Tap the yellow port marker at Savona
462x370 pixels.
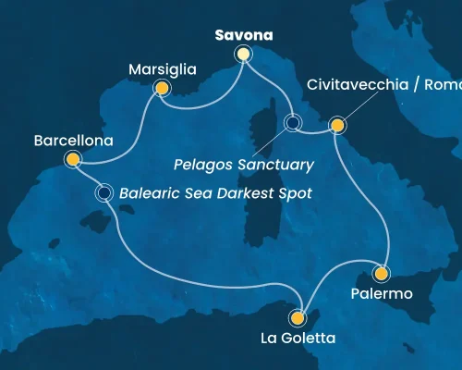coord(243,55)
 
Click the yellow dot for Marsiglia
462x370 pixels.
coord(162,89)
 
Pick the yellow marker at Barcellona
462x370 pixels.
coord(73,161)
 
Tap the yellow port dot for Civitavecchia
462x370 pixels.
coord(337,125)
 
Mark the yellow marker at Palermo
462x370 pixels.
coord(380,274)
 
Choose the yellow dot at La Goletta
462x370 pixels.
coord(297,318)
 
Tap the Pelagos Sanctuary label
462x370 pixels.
coord(242,165)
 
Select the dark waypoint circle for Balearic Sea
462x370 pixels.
coord(104,193)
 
